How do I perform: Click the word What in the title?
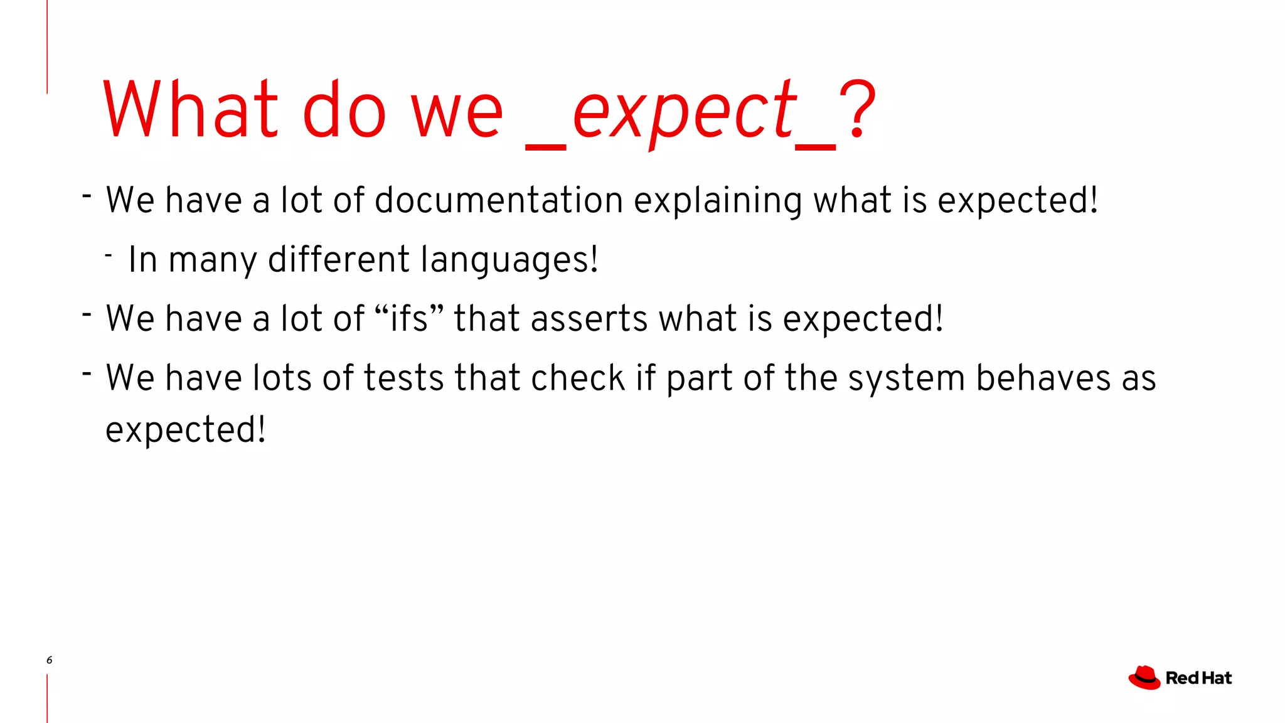click(189, 110)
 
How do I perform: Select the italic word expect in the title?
click(683, 112)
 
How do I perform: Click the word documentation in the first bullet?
click(499, 200)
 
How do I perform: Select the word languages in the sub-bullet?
click(509, 259)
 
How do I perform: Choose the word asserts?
click(589, 318)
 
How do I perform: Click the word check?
click(578, 378)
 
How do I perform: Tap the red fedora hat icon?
click(1144, 678)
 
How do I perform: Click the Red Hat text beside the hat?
click(1198, 678)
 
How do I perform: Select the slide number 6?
click(50, 660)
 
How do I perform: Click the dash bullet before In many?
click(109, 255)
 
